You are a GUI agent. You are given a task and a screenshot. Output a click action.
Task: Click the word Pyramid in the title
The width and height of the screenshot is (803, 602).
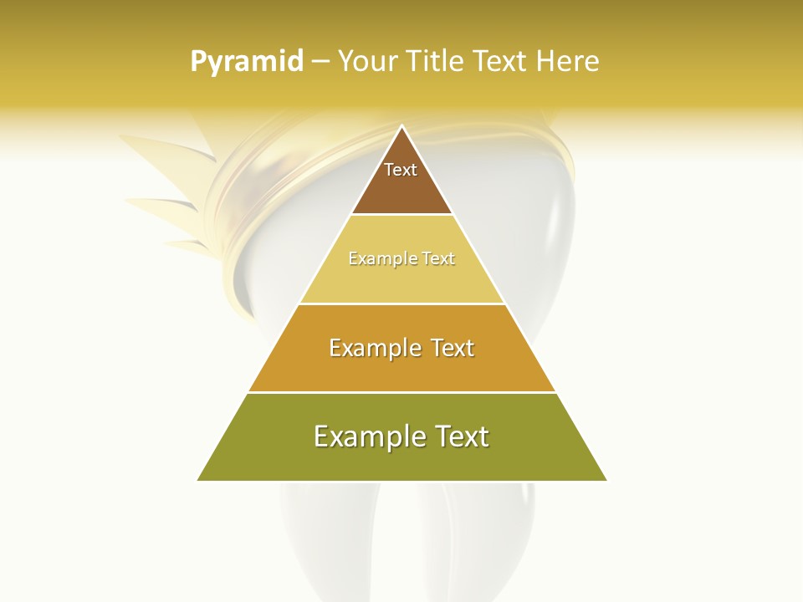247,62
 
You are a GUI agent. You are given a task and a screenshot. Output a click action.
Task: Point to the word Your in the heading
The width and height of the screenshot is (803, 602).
367,62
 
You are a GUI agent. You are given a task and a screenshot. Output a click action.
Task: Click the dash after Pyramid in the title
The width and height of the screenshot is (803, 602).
320,62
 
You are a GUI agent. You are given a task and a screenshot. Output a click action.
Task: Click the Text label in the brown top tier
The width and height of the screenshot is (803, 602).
401,170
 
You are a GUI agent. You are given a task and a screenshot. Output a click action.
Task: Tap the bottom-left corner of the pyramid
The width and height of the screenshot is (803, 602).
198,480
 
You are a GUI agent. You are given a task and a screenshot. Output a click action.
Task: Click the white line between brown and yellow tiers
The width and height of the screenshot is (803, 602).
402,215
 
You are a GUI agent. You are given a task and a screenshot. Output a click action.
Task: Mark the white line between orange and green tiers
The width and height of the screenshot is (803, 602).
402,392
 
